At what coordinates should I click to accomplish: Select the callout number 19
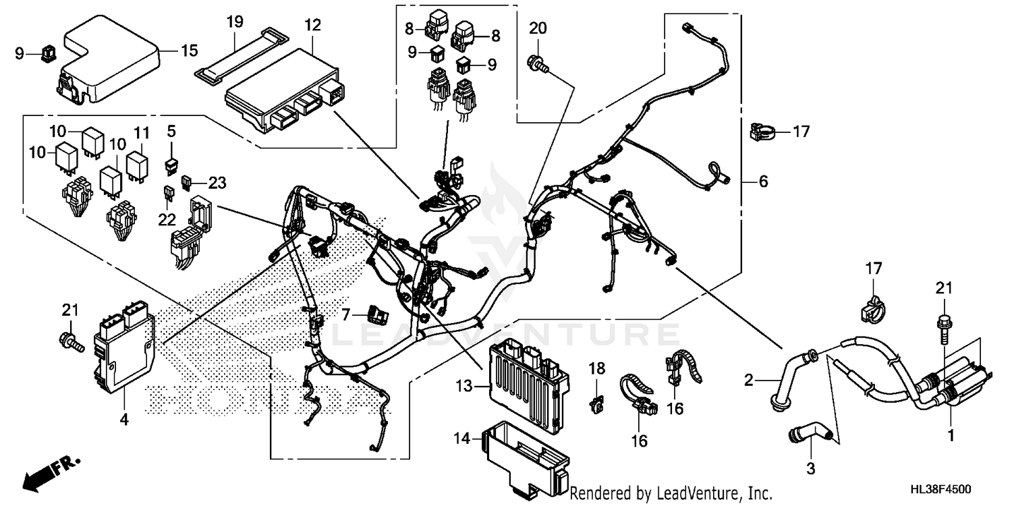point(234,22)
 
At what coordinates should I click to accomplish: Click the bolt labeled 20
point(540,63)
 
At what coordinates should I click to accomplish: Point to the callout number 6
point(763,181)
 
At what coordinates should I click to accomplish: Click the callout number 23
point(217,182)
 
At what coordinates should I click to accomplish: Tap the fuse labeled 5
point(172,164)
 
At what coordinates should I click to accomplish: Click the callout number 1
point(951,437)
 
